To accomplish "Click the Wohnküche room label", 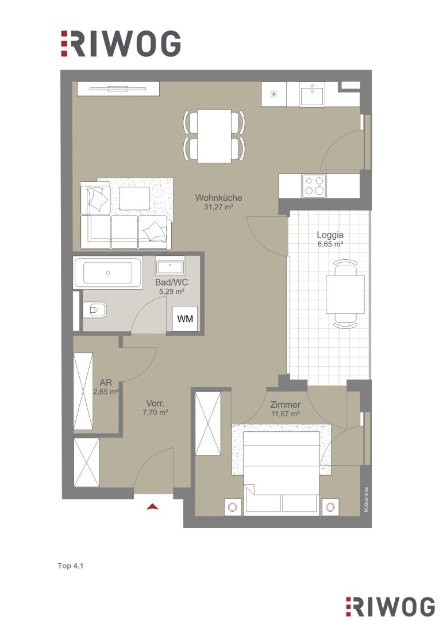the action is (x=218, y=198).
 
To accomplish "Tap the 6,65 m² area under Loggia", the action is (x=330, y=244).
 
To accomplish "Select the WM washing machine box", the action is (x=185, y=318).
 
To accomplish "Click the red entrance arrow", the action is (x=153, y=506).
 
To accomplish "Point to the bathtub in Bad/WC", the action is (x=107, y=273).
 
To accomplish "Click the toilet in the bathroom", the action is (x=95, y=309).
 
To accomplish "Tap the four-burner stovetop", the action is (x=314, y=186).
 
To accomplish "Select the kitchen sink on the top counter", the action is (x=313, y=94).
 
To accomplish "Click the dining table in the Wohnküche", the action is (x=214, y=136).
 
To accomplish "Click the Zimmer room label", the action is (x=285, y=405).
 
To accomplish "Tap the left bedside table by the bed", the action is (x=232, y=507).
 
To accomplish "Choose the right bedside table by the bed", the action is (x=330, y=507).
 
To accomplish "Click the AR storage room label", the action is (x=106, y=382).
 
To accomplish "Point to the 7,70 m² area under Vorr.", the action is (x=156, y=412).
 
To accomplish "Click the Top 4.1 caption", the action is (x=71, y=566).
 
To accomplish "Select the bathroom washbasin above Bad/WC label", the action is (x=170, y=266).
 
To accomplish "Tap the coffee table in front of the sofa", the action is (x=134, y=198).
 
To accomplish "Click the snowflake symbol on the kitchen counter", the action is (x=274, y=94).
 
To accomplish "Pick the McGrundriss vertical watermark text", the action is (x=366, y=500).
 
